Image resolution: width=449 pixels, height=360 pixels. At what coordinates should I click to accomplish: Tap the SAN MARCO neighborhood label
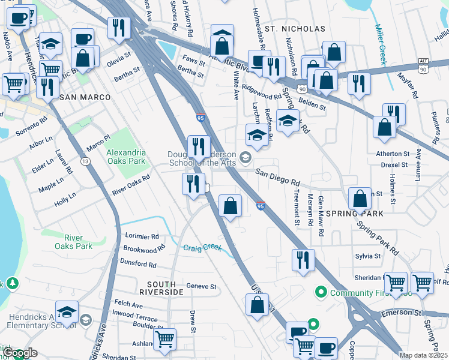[85, 97]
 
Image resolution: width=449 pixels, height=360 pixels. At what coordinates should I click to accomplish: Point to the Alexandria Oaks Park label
[126, 157]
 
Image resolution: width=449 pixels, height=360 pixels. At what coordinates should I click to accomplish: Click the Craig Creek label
[202, 247]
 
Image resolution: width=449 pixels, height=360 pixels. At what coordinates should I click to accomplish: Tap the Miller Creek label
[381, 44]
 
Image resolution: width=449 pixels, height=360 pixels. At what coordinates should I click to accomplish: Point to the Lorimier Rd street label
[141, 236]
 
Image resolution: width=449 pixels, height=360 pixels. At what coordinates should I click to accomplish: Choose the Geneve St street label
[201, 287]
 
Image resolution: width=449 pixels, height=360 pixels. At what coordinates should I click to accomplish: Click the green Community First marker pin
[321, 293]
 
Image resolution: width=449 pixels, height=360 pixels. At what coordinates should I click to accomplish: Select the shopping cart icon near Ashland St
[164, 338]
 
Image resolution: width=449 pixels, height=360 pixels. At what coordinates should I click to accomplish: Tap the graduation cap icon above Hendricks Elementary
[67, 312]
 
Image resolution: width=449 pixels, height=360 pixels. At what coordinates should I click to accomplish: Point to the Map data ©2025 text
[424, 355]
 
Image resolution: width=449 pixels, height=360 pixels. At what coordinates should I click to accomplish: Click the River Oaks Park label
[74, 241]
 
